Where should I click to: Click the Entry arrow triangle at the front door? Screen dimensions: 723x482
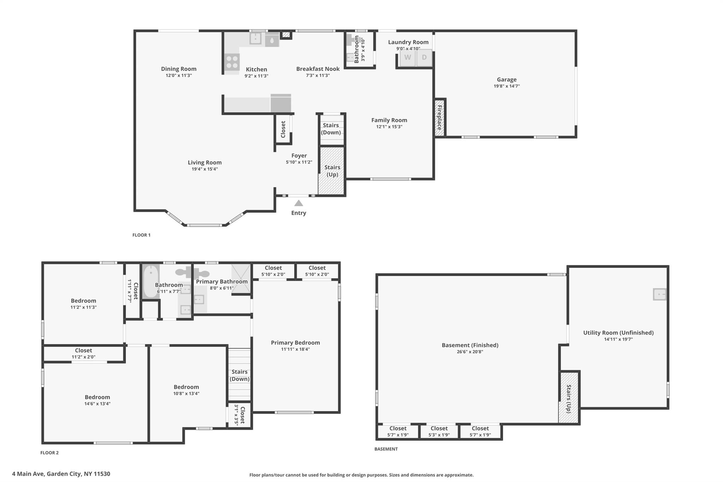click(x=299, y=203)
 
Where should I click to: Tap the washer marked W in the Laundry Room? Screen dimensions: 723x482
click(x=408, y=58)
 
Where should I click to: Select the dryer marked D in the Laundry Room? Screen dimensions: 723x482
click(x=424, y=58)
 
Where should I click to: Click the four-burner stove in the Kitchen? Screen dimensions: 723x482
click(x=232, y=62)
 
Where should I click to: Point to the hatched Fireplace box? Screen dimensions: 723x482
click(x=440, y=118)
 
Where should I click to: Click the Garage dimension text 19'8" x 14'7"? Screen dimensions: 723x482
click(x=507, y=86)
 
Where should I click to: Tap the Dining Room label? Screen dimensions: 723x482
click(x=179, y=69)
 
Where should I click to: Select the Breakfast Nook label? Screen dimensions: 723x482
click(x=318, y=69)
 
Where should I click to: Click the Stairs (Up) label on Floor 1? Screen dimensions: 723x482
click(x=332, y=171)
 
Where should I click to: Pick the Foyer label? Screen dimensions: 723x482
click(x=299, y=156)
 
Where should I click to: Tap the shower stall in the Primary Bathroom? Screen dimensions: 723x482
click(x=241, y=279)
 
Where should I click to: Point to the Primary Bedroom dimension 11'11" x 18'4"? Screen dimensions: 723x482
click(x=295, y=349)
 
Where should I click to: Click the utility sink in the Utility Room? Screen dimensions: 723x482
click(x=659, y=294)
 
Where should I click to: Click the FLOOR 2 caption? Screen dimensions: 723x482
click(x=49, y=453)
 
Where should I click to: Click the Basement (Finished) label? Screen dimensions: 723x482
click(x=470, y=345)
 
